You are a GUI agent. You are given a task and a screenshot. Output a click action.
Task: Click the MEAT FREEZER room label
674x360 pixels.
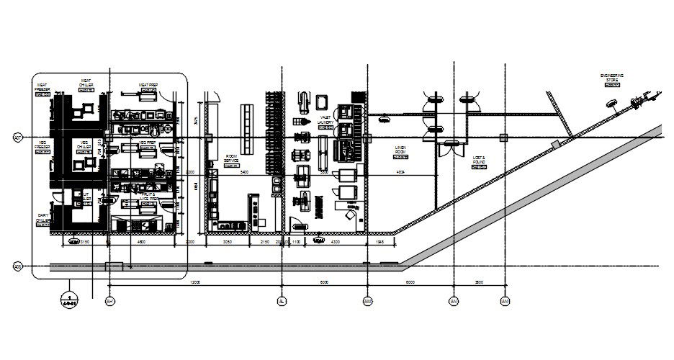click(x=42, y=87)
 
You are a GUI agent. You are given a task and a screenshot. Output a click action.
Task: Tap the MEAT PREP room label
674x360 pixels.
click(x=148, y=84)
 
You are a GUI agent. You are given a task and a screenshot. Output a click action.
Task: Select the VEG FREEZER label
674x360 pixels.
click(x=42, y=145)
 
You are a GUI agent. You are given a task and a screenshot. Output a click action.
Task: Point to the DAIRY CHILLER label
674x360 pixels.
click(x=42, y=217)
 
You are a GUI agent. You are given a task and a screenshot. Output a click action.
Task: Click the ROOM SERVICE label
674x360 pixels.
click(x=232, y=158)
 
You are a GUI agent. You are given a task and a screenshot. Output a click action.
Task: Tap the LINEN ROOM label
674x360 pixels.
click(x=400, y=150)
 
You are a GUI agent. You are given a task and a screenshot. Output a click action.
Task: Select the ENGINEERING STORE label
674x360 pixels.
click(x=612, y=76)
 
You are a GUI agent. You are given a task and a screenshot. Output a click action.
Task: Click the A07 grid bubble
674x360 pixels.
click(x=17, y=137)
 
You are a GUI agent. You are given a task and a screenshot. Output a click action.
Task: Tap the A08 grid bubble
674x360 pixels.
click(x=17, y=267)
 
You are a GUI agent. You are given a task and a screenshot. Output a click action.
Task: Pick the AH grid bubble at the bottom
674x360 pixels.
click(x=109, y=301)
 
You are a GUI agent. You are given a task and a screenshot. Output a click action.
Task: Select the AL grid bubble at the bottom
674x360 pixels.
click(x=282, y=301)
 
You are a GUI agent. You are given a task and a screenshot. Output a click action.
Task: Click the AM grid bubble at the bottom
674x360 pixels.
click(x=367, y=301)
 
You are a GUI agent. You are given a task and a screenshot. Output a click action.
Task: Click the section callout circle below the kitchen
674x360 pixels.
click(x=69, y=300)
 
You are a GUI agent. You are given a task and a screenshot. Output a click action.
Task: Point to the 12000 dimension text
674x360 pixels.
click(x=194, y=283)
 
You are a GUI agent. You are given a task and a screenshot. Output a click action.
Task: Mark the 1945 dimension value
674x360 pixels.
click(x=381, y=243)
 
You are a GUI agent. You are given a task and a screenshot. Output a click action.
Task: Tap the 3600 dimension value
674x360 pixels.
click(x=479, y=283)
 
